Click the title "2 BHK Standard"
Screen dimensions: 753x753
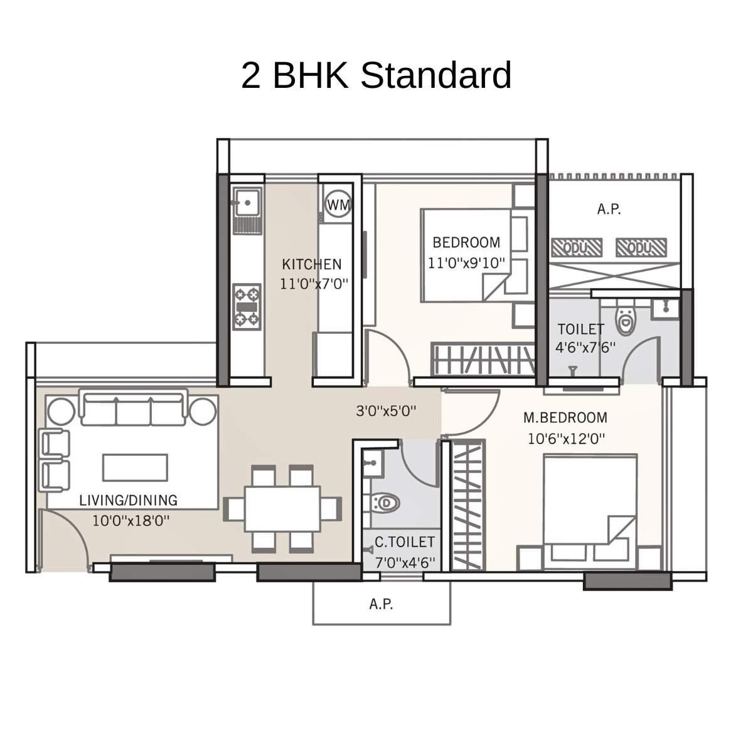tap(376, 75)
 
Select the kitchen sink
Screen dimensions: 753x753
tap(246, 201)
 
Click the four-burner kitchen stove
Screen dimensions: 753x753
tap(247, 307)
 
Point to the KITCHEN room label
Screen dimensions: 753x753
tap(312, 264)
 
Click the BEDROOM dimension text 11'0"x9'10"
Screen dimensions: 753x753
tap(467, 263)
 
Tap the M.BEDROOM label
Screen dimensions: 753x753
tap(565, 418)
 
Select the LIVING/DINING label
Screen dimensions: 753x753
tap(129, 500)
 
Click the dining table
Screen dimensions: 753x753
tap(282, 508)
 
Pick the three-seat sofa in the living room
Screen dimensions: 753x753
tap(133, 407)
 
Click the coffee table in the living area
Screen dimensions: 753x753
tap(136, 467)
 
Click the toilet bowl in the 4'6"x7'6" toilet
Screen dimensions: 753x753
tap(626, 321)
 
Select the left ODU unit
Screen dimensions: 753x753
tap(576, 248)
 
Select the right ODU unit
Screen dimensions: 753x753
tap(641, 248)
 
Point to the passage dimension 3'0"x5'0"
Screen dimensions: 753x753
tap(387, 412)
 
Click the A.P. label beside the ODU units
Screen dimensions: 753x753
tap(609, 210)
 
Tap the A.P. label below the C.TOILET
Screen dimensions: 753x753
tap(381, 604)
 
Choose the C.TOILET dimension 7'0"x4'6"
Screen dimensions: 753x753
tap(405, 562)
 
